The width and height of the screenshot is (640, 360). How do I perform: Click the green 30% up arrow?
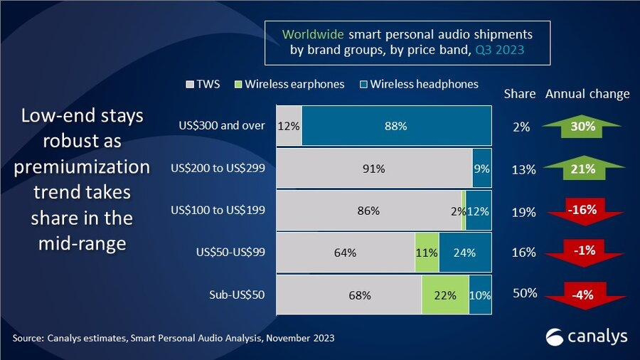582,126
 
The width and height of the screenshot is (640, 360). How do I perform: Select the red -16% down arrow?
584,211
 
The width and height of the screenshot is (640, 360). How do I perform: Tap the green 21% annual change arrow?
583,168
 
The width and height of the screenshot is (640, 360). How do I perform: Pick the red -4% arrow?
585,295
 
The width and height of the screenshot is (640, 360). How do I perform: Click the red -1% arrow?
584,253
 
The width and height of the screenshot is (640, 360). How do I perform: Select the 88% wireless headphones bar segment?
397,126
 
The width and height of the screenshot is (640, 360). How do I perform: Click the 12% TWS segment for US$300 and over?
289,126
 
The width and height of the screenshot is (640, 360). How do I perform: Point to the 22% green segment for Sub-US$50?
445,295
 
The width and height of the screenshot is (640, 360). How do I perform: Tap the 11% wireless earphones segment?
427,253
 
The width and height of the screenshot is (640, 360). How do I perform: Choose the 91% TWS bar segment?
374,168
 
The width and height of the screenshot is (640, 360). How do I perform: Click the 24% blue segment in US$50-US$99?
465,253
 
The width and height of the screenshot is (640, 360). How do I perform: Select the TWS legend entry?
203,85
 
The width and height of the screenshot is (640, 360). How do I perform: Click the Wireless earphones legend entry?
289,85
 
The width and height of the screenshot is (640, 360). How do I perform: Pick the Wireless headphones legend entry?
419,85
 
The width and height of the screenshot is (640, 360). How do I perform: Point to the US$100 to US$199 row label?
218,210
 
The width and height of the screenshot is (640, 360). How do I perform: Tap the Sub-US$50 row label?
237,295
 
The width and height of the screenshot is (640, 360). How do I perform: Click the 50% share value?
525,293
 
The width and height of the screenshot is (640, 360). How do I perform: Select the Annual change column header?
587,95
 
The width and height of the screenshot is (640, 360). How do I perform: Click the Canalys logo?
586,337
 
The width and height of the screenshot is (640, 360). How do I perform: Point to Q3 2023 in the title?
500,50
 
